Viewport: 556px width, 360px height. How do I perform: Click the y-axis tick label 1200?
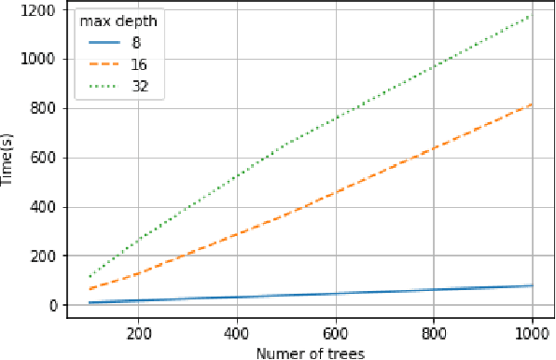point(41,9)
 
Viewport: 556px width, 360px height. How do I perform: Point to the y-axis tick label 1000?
point(41,59)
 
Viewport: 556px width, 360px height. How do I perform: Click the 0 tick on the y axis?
point(53,306)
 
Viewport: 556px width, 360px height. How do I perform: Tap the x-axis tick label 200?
point(138,332)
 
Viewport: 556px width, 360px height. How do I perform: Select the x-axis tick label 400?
point(237,332)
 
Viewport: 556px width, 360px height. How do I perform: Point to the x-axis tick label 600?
point(335,332)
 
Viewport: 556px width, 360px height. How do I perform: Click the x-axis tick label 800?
point(434,332)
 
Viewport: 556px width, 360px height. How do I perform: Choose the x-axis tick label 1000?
point(532,332)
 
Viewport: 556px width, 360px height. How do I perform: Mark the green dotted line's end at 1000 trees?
point(532,15)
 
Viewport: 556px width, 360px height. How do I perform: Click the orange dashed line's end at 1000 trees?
point(532,104)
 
